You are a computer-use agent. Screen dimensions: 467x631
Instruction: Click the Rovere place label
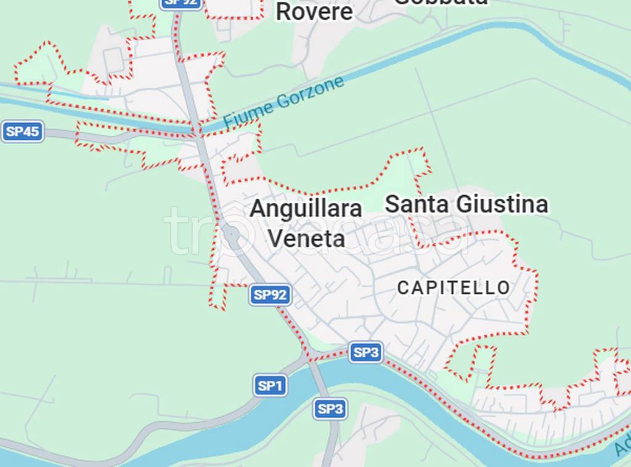coord(314,12)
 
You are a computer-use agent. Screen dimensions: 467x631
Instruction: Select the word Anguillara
coord(306,209)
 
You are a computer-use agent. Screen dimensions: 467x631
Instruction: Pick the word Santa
coord(417,204)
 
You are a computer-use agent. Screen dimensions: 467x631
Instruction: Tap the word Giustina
coord(502,204)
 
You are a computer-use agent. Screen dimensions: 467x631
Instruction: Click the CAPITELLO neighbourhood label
coord(454,287)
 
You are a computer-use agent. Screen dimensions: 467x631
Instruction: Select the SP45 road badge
coord(23,132)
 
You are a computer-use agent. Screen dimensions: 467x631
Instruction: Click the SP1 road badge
coord(270,386)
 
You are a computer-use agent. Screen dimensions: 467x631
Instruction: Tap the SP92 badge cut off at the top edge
coord(181,3)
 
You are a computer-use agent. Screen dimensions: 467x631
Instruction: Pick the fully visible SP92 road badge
coord(270,295)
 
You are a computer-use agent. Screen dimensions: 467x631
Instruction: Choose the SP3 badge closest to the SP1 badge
coord(330,409)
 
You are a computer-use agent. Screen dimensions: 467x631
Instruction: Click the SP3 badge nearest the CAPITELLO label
coord(366,353)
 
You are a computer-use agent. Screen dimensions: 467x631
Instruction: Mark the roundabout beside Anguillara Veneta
coord(230,234)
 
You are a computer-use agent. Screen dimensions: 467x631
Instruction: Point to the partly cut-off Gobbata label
coord(440,2)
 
